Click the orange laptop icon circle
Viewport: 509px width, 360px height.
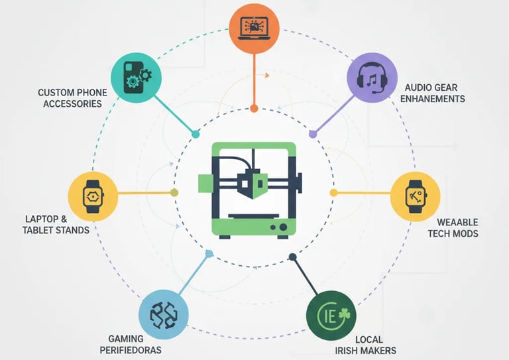254,27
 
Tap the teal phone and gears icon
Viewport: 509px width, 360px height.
137,78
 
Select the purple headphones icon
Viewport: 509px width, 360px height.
372,78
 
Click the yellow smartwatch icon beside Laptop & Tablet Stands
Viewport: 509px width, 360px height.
93,196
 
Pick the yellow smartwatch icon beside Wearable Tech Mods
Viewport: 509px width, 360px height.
415,196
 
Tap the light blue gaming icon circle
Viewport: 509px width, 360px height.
163,314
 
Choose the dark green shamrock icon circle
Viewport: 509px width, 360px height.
331,315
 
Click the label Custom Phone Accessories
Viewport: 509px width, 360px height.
70,98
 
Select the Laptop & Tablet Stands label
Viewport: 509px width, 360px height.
57,224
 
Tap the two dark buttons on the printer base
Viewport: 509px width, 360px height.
278,227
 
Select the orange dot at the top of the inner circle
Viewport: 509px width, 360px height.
254,107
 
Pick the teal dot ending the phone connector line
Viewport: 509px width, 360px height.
195,134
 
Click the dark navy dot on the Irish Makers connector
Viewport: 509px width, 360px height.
292,257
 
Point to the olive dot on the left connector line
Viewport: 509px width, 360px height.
174,193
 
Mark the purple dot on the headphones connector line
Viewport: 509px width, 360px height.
313,134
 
